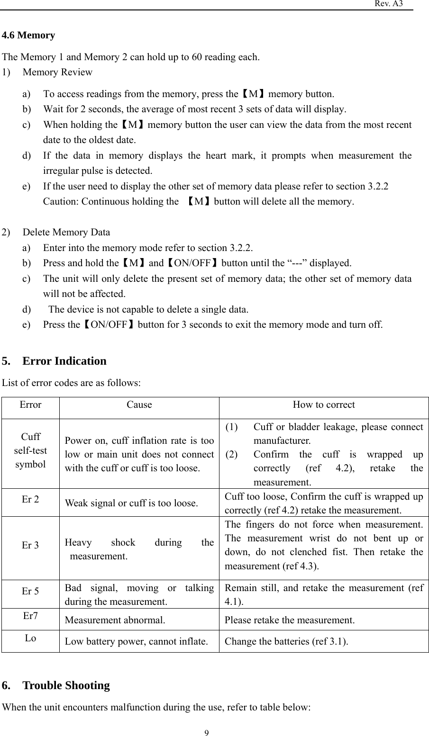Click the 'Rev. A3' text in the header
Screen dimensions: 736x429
click(x=389, y=4)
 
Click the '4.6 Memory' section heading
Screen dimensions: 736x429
click(x=28, y=36)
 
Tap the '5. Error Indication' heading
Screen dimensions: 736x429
click(x=54, y=361)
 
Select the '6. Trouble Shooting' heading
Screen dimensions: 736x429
click(x=56, y=685)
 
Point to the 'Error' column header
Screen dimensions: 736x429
click(x=30, y=405)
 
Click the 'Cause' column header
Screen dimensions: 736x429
click(x=139, y=405)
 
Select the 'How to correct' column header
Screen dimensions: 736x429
click(x=324, y=405)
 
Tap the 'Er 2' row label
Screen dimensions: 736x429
click(x=30, y=499)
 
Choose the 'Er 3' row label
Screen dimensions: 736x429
click(x=30, y=545)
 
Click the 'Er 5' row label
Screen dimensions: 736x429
click(x=30, y=591)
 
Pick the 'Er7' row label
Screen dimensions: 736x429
click(x=30, y=616)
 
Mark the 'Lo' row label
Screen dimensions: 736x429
click(x=30, y=638)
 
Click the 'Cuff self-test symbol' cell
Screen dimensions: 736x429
click(x=30, y=450)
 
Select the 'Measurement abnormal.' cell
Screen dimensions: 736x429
click(x=115, y=620)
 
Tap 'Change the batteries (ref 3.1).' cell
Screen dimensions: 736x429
click(x=286, y=642)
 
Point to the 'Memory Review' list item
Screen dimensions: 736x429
click(x=57, y=72)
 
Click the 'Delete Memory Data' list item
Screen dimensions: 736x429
click(x=66, y=233)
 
